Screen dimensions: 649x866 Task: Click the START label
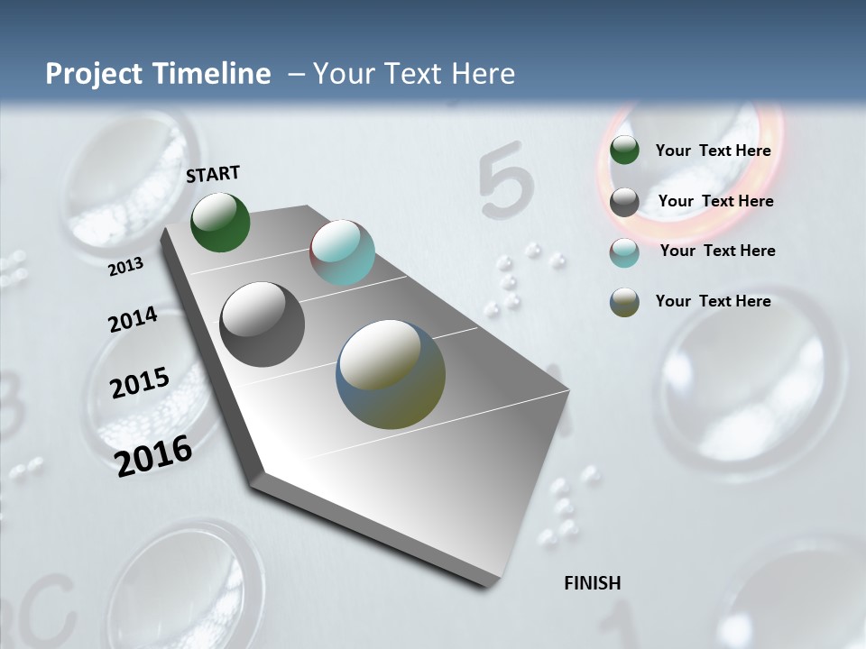[213, 174]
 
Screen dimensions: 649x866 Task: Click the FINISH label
[593, 583]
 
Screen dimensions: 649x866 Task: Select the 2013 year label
[126, 266]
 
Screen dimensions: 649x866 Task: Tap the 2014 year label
[134, 320]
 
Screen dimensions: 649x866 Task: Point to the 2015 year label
[140, 383]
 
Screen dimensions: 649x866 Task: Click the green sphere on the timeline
[221, 223]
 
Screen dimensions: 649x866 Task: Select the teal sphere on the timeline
[342, 252]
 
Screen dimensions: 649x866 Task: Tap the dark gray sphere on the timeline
[263, 324]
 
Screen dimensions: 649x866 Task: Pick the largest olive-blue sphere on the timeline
[391, 374]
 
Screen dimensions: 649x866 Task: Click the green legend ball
[624, 151]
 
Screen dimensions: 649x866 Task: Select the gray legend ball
[624, 202]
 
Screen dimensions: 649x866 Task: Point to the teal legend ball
[624, 252]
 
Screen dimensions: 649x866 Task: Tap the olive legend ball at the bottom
[624, 302]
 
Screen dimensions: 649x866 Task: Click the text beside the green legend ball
[713, 151]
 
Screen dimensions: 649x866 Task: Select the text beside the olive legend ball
[713, 301]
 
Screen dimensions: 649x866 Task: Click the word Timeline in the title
[207, 74]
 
